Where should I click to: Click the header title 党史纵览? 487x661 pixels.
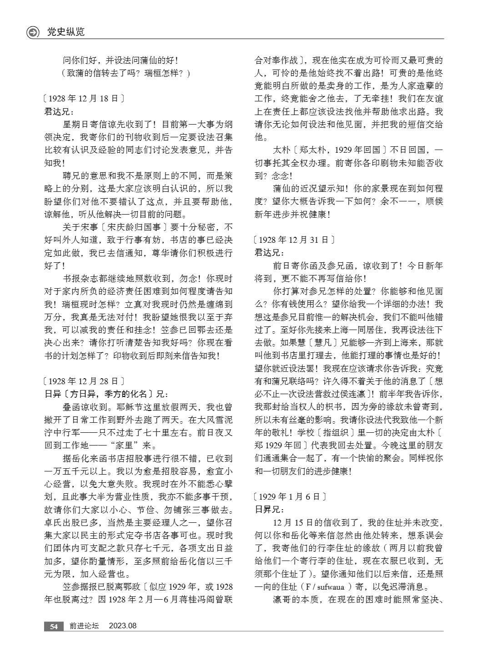(x=65, y=32)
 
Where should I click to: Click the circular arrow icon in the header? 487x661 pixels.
(x=33, y=32)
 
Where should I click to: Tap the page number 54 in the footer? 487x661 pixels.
(x=54, y=626)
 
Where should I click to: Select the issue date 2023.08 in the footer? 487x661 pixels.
(x=123, y=626)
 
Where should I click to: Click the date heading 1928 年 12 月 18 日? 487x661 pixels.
(x=83, y=98)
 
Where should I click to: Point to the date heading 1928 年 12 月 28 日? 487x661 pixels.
(x=83, y=381)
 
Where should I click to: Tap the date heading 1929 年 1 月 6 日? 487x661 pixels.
(x=290, y=496)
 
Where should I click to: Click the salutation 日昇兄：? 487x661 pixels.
(x=269, y=510)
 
